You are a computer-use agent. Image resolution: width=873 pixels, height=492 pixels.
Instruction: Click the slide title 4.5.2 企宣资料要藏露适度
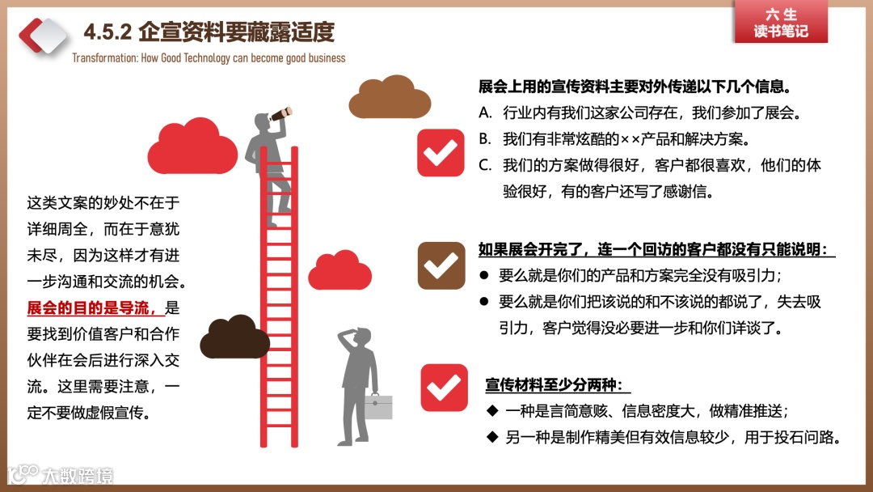pyautogui.click(x=209, y=32)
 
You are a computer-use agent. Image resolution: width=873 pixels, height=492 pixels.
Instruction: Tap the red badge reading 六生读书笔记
pyautogui.click(x=780, y=23)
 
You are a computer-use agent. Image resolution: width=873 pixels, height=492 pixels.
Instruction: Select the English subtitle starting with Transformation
pyautogui.click(x=209, y=58)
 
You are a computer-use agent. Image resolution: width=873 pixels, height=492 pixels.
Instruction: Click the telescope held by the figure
pyautogui.click(x=280, y=116)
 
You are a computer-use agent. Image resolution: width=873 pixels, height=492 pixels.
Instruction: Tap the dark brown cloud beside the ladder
pyautogui.click(x=234, y=336)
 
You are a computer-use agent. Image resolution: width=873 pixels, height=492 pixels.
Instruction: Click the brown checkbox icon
pyautogui.click(x=441, y=265)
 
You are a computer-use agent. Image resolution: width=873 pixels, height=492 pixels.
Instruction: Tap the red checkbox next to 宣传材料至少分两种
pyautogui.click(x=444, y=388)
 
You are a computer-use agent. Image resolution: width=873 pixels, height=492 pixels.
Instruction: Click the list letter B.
pyautogui.click(x=485, y=138)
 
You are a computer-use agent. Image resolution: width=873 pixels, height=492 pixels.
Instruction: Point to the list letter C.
pyautogui.click(x=485, y=165)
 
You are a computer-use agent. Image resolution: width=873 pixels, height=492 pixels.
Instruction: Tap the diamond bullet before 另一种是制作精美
pyautogui.click(x=491, y=438)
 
